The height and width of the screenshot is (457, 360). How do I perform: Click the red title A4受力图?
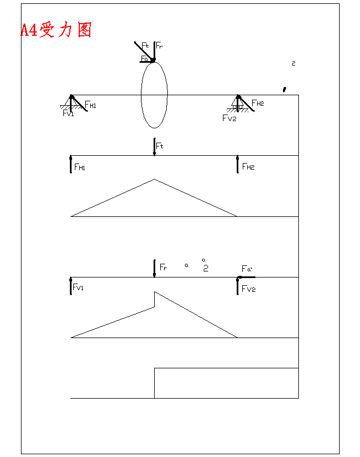(x=56, y=30)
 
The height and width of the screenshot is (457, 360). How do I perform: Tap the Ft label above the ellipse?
(x=145, y=45)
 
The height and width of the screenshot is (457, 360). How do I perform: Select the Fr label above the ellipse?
(x=159, y=45)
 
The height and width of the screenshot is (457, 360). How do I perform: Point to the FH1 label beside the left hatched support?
(x=90, y=105)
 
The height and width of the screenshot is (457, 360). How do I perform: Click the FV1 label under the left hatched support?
(x=68, y=113)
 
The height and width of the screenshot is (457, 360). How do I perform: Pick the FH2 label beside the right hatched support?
(x=258, y=104)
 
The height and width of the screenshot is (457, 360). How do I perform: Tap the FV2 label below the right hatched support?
(x=229, y=118)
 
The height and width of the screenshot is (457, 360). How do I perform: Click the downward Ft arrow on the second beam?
(x=154, y=147)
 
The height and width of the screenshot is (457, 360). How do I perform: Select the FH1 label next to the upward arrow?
(x=80, y=167)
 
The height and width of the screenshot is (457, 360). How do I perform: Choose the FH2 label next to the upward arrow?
(x=248, y=167)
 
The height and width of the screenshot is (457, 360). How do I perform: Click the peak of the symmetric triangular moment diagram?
(x=154, y=179)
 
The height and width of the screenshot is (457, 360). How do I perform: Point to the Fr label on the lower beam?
(x=163, y=268)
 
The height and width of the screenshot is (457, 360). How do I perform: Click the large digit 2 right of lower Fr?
(x=205, y=269)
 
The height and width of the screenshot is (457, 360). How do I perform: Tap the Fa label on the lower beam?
(x=247, y=269)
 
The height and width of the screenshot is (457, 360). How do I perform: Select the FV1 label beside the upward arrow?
(x=79, y=287)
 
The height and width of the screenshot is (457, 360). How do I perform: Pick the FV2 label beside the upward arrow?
(x=248, y=289)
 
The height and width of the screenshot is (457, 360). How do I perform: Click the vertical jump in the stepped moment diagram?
(x=154, y=299)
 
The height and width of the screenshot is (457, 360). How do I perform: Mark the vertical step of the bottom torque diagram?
(x=154, y=383)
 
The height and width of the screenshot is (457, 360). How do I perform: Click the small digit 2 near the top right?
(x=293, y=63)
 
